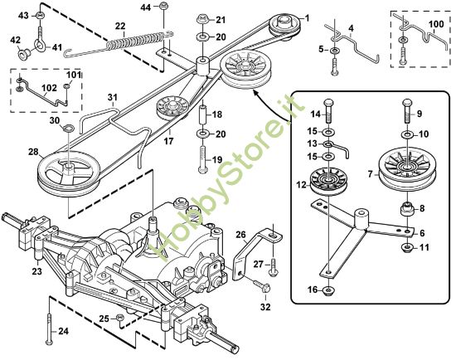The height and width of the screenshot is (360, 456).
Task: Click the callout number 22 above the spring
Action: [x=120, y=27]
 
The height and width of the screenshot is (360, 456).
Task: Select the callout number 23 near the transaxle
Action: [x=36, y=270]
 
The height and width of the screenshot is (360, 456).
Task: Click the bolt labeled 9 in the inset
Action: [x=405, y=108]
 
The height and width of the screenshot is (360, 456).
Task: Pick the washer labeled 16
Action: [x=329, y=289]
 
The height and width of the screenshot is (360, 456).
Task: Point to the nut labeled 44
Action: [x=164, y=8]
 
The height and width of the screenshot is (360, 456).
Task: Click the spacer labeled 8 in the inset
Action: [x=408, y=210]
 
